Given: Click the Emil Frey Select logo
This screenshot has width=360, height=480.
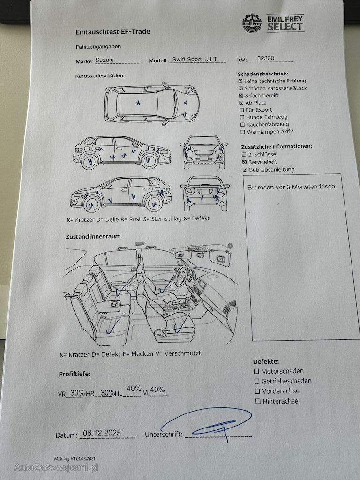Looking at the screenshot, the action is click(273, 23).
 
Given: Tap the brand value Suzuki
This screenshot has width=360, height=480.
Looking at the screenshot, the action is click(105, 60).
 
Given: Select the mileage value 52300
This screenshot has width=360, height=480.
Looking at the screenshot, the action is click(266, 58).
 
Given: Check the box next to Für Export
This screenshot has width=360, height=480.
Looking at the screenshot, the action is click(242, 110).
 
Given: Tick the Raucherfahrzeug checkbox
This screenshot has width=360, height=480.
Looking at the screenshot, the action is click(242, 125).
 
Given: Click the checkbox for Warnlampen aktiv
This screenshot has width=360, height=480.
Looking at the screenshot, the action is click(243, 132).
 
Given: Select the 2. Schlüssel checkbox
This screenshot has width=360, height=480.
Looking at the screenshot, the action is click(244, 155).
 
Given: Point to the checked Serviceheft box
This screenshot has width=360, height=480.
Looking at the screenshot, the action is click(244, 162).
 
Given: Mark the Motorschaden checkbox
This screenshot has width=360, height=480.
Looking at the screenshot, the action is click(256, 371).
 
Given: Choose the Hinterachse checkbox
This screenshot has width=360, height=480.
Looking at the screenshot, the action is click(258, 401).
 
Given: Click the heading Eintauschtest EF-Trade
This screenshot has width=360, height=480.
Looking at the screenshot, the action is click(113, 32).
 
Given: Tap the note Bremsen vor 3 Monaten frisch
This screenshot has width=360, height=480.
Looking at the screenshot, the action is click(292, 187).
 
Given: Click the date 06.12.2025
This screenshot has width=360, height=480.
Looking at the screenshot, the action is click(102, 433).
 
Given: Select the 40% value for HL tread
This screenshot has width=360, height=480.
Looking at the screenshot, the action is click(134, 389).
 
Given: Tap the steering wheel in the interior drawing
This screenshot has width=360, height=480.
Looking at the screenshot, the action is click(182, 276).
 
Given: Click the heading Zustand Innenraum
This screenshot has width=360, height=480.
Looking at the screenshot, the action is click(93, 237).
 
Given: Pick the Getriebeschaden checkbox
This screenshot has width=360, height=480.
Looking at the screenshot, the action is click(257, 382).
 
